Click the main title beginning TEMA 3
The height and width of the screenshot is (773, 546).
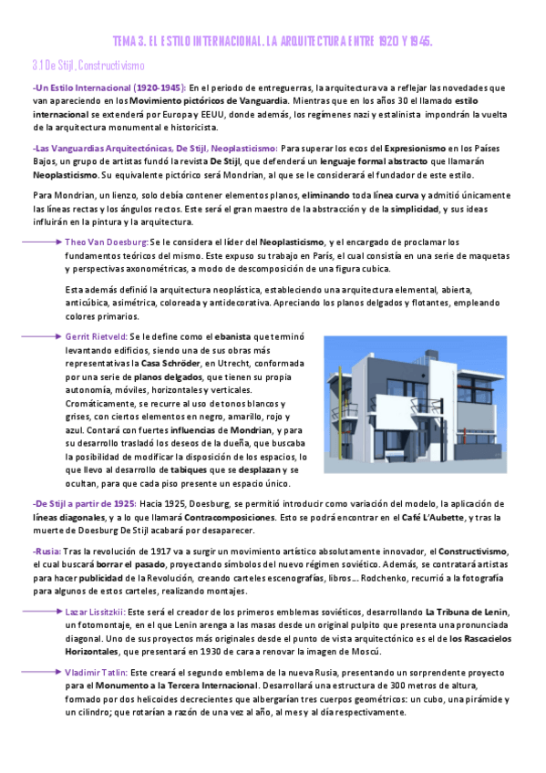[273, 42]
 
